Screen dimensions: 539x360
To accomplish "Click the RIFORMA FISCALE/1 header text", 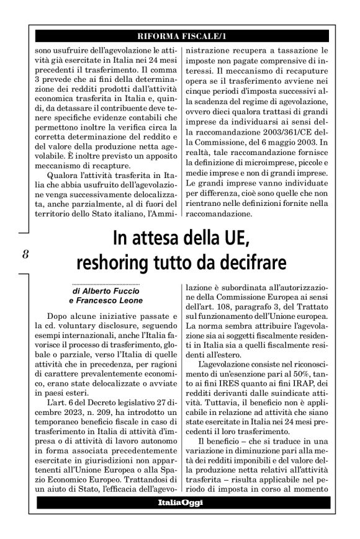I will coord(180,36).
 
